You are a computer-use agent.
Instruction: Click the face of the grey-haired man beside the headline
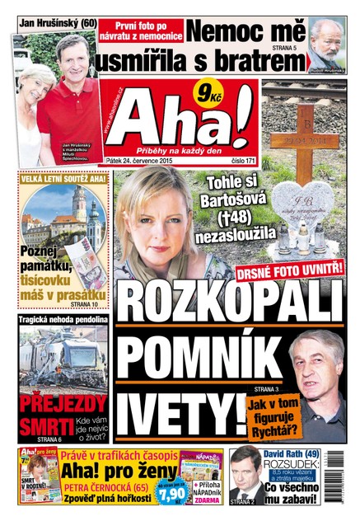click(x=315, y=368)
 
